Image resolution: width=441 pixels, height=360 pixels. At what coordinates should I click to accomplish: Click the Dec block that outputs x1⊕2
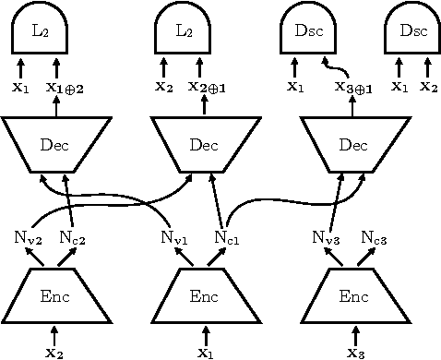(x=54, y=144)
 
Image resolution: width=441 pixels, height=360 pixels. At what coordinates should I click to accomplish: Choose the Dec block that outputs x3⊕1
(x=353, y=144)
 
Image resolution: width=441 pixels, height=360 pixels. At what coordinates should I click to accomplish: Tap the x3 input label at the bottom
(x=354, y=352)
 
